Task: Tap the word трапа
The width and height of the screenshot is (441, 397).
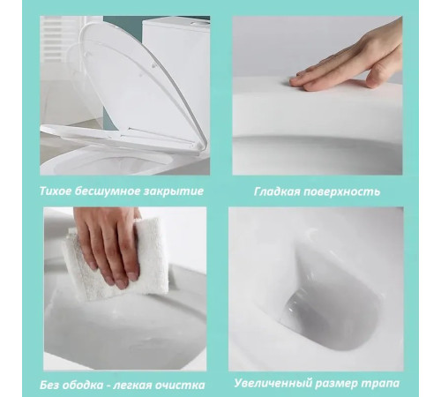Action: [380, 384]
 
